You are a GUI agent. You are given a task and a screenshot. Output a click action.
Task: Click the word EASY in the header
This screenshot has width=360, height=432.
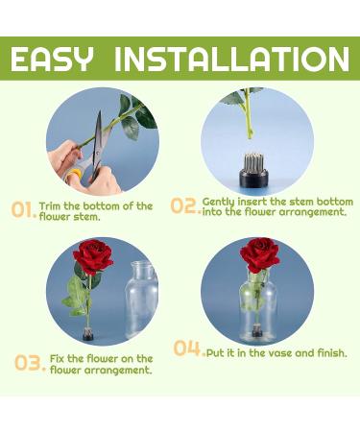coord(52,60)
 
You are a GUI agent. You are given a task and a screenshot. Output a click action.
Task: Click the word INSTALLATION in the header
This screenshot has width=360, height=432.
coord(232,60)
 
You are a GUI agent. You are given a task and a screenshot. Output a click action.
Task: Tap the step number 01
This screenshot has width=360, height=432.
coord(23,209)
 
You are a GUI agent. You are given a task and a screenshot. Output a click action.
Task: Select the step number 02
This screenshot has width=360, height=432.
coord(185,205)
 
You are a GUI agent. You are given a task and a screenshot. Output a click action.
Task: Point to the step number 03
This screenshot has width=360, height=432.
coord(30,363)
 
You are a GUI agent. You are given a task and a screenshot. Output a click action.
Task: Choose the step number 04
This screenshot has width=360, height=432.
coord(189,348)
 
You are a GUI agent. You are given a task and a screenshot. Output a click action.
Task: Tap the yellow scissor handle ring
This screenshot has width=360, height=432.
coord(74,176)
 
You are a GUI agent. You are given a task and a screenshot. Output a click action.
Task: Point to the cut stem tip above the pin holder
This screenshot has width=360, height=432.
coord(250,135)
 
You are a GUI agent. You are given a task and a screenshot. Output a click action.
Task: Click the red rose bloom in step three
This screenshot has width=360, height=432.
coord(93,257)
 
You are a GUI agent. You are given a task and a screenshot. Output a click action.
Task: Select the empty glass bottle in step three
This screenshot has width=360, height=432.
coord(141,299)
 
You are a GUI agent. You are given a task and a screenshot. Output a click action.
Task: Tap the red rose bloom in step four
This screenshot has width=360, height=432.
coord(260,254)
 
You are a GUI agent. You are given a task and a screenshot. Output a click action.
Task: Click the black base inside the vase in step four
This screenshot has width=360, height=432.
coord(256,332)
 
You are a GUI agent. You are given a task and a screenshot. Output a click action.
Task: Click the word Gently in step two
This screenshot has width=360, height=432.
coord(219,203)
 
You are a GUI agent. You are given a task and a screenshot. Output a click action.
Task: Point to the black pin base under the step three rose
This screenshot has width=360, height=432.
coord(87,334)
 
